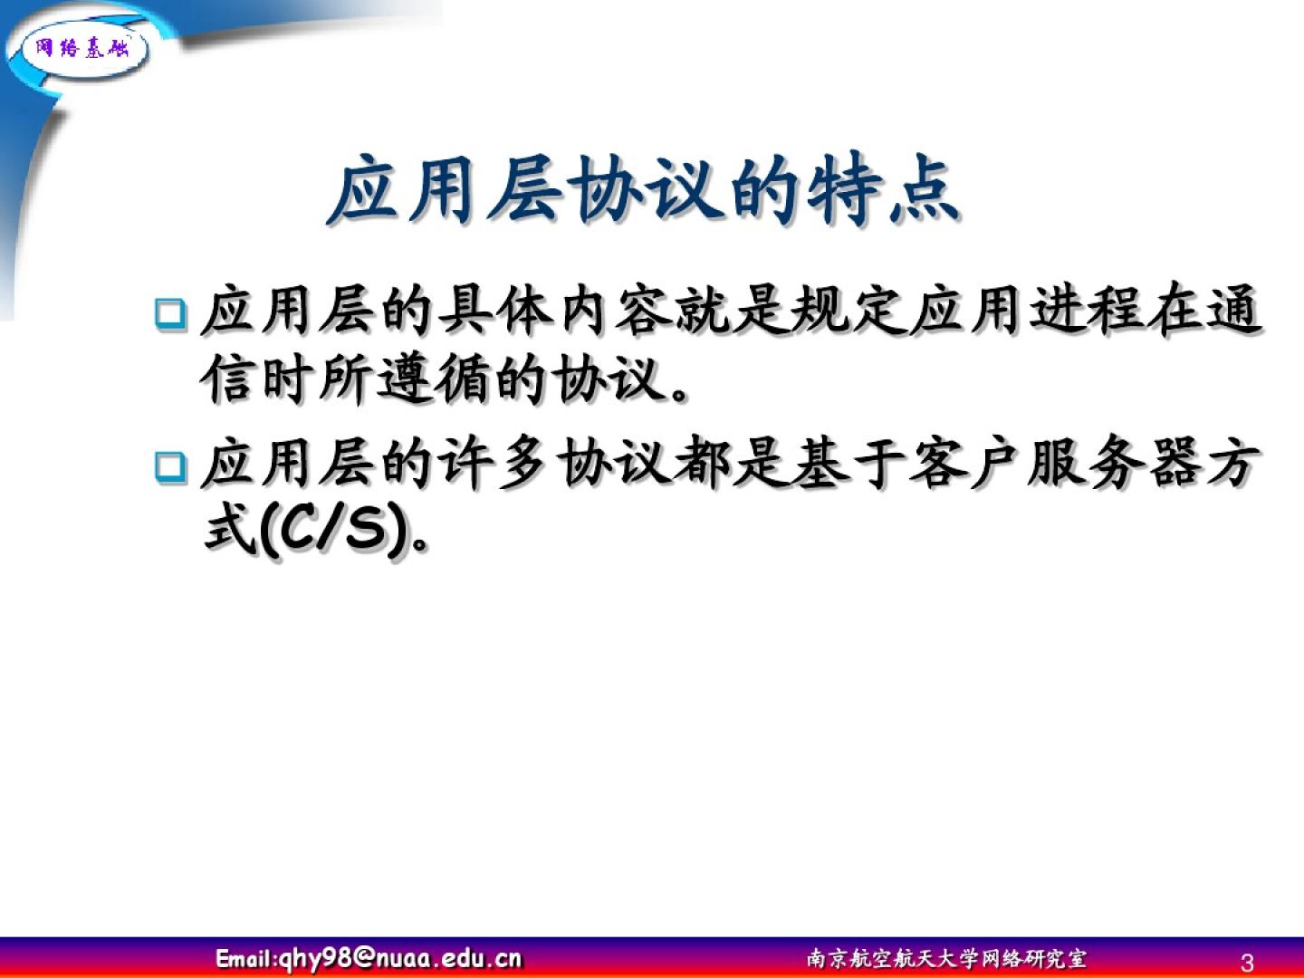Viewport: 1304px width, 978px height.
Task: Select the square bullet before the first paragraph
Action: (x=170, y=313)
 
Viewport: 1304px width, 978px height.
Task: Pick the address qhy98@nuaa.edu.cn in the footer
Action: (x=401, y=958)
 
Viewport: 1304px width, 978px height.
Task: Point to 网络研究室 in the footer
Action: (x=1034, y=958)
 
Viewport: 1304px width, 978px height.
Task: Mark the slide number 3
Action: (x=1248, y=962)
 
